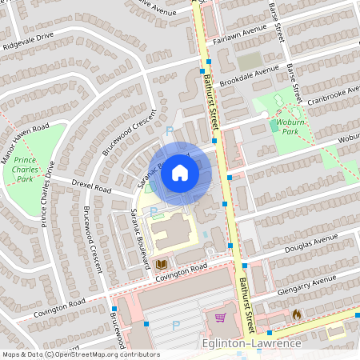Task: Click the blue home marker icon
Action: click(x=180, y=172)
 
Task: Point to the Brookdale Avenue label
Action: click(x=255, y=74)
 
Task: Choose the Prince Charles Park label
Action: click(x=28, y=169)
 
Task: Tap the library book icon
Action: click(x=162, y=264)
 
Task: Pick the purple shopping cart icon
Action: click(x=220, y=318)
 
